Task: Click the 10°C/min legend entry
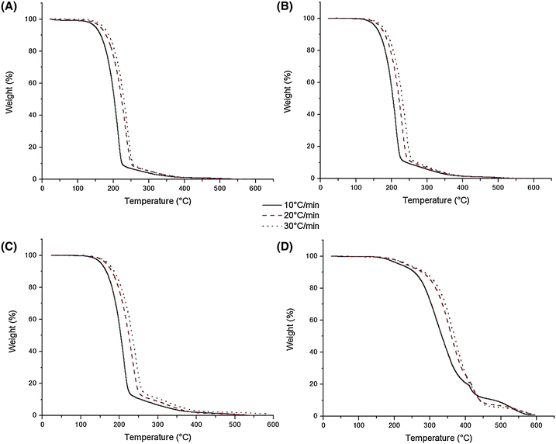pos(302,206)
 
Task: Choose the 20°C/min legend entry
pos(302,216)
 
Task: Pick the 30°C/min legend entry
pos(302,226)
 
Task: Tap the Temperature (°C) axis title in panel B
pos(426,199)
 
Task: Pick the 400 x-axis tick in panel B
pos(462,189)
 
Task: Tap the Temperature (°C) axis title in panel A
pos(152,199)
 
